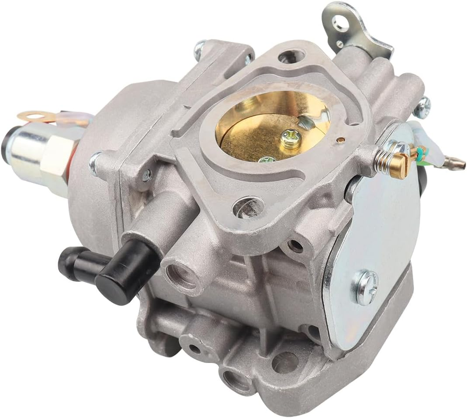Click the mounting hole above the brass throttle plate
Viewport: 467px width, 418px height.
pyautogui.click(x=287, y=56)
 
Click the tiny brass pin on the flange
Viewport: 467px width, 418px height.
pyautogui.click(x=339, y=141)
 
